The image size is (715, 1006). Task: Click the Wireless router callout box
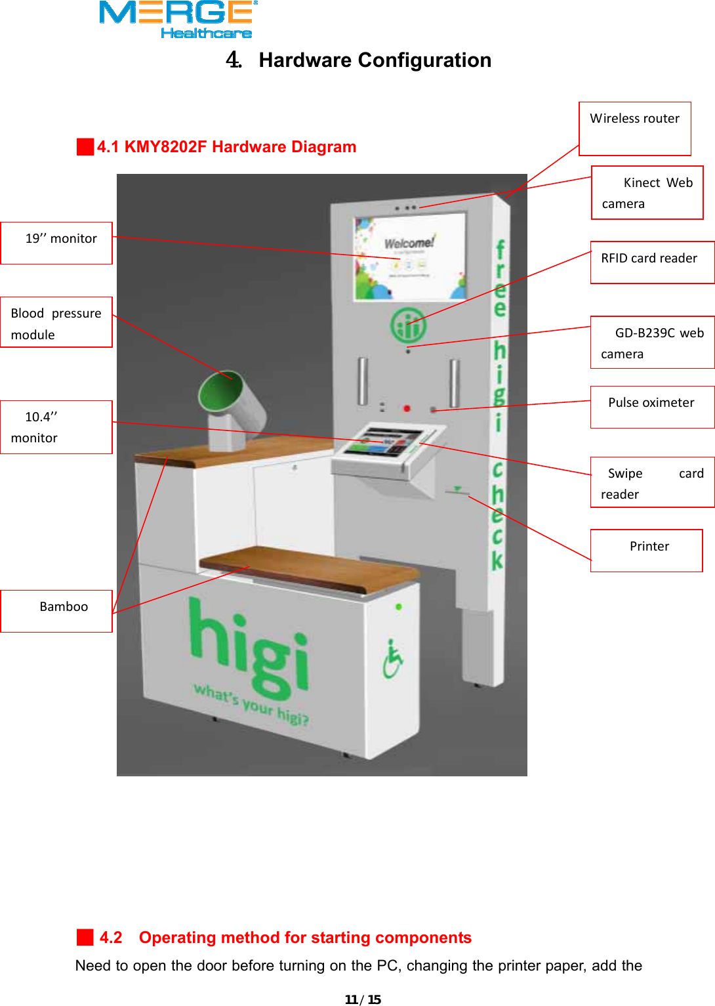click(634, 128)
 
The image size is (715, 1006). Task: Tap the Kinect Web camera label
click(647, 192)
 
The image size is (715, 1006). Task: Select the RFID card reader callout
click(652, 262)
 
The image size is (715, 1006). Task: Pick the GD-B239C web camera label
click(652, 343)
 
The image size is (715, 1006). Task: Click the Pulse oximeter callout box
click(652, 407)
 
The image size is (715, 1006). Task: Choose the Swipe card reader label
click(652, 482)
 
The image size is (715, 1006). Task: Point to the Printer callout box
click(646, 550)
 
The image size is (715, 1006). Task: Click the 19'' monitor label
click(57, 243)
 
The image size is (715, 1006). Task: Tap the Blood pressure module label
click(56, 322)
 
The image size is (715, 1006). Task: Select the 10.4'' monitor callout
click(56, 427)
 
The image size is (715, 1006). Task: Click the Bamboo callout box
click(57, 611)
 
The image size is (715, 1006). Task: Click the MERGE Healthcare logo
click(177, 20)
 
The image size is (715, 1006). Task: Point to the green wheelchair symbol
click(392, 660)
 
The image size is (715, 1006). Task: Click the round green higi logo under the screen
click(408, 325)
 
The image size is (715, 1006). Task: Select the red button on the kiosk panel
click(407, 408)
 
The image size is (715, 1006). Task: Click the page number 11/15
click(363, 999)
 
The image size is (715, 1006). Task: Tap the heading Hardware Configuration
click(375, 60)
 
